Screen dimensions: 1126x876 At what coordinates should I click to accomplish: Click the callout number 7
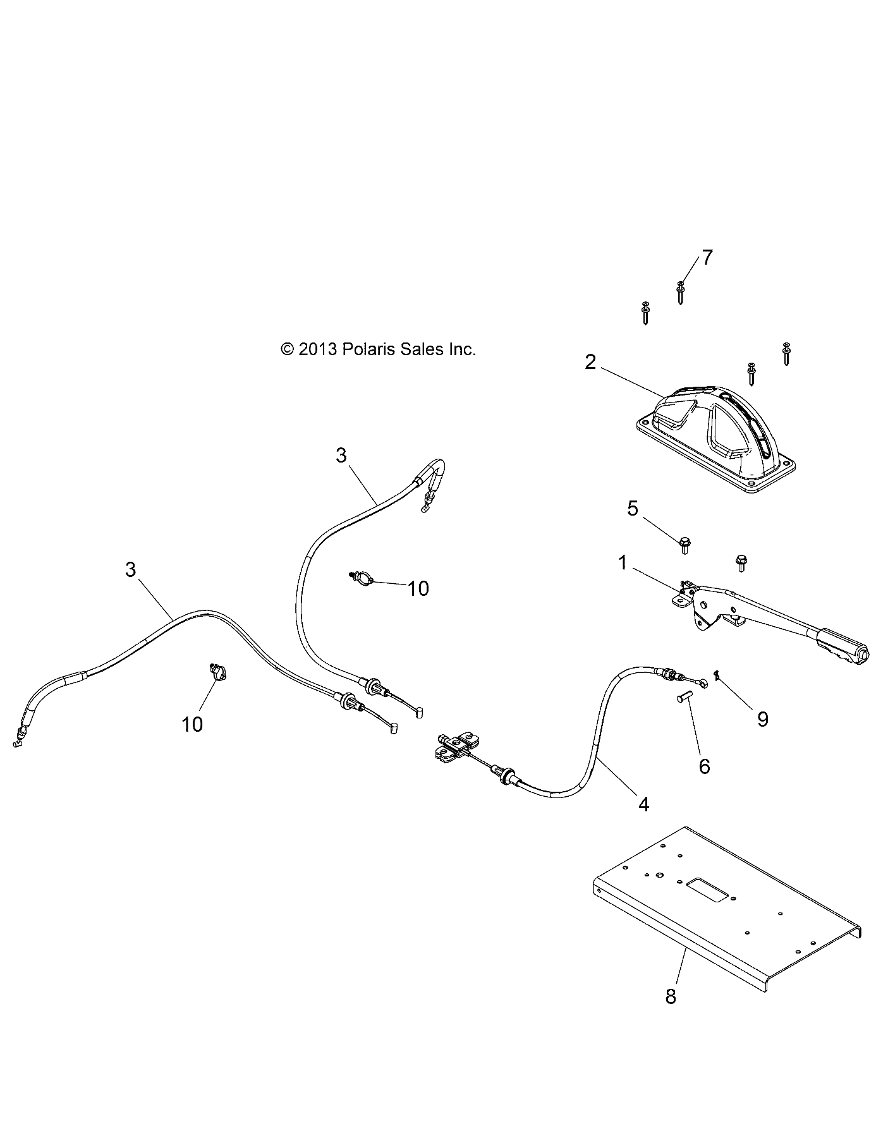tap(706, 258)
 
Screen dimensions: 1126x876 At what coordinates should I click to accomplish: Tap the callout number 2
tap(590, 362)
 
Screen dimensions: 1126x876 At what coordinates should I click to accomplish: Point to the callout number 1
tap(623, 562)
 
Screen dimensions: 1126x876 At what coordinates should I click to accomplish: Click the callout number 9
tap(763, 718)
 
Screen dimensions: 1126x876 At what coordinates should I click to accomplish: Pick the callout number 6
tap(704, 766)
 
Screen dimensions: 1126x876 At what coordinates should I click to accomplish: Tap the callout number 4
tap(643, 804)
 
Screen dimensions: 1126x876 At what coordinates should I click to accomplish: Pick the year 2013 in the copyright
tap(318, 349)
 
